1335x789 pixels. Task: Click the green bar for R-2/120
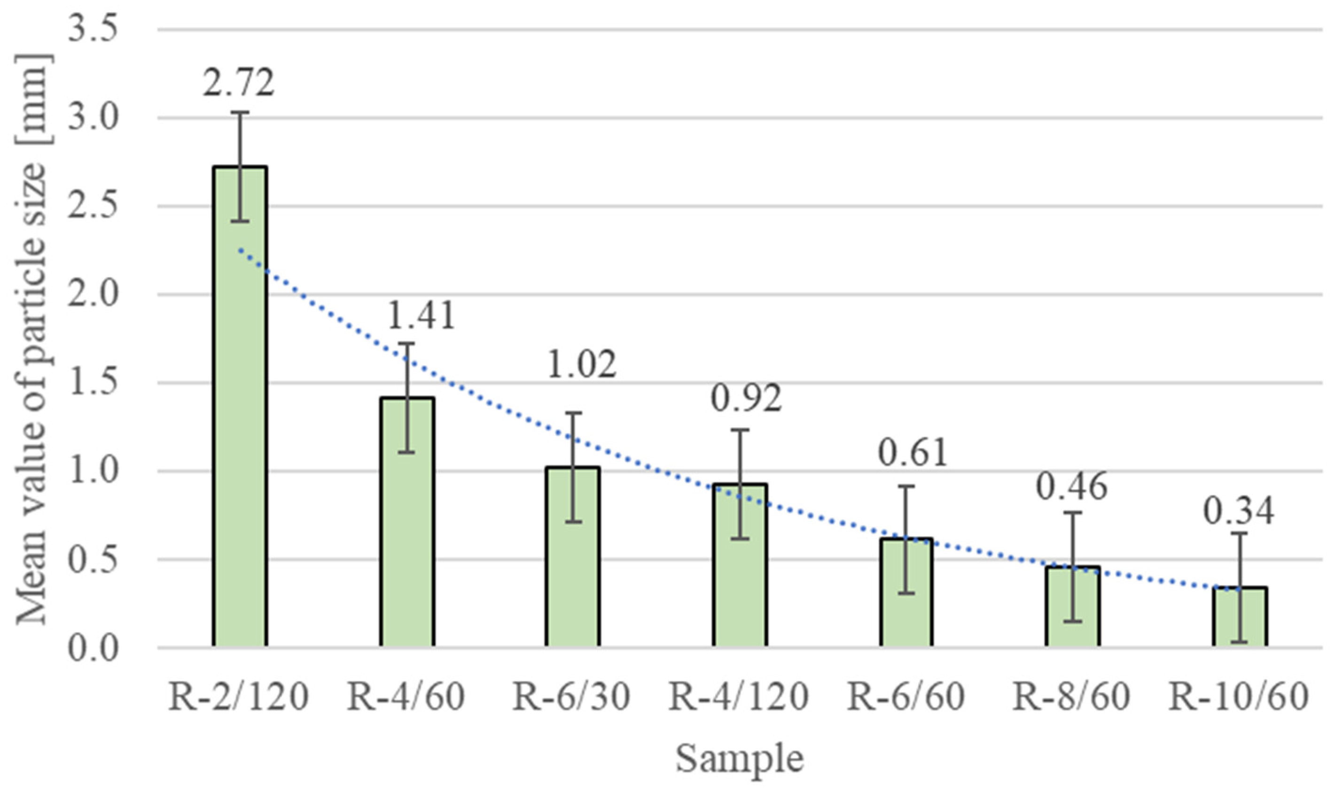click(x=240, y=425)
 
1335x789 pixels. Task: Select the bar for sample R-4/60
click(x=407, y=532)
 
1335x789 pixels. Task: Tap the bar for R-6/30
click(x=573, y=564)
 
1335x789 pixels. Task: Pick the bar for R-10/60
click(x=1239, y=619)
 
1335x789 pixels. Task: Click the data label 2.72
click(x=238, y=82)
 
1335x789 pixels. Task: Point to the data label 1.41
click(x=420, y=315)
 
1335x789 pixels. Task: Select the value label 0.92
click(x=746, y=398)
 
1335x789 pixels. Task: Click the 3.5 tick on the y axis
click(x=92, y=30)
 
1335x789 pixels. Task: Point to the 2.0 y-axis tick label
click(x=92, y=294)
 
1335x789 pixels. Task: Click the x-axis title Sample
click(x=739, y=759)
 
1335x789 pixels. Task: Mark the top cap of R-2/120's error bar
click(x=240, y=112)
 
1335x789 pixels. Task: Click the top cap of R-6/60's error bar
click(x=906, y=487)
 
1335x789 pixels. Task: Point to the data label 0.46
click(x=1072, y=486)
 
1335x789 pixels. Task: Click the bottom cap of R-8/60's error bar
click(x=1073, y=621)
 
